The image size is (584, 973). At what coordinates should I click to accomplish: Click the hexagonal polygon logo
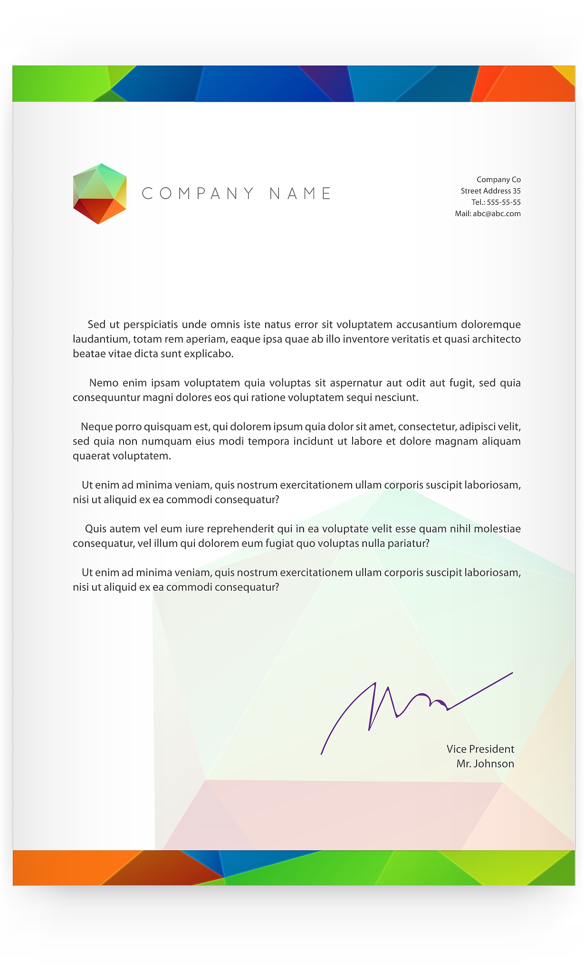99,193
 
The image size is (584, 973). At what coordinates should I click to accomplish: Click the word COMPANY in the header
198,193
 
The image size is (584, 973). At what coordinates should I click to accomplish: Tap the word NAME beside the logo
300,193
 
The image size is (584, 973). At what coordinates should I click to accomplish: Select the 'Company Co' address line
498,180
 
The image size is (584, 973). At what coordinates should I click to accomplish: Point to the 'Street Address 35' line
490,191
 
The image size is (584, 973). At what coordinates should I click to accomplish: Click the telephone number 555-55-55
503,202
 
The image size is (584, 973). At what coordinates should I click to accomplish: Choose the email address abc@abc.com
497,214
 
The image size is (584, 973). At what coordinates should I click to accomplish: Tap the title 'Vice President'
480,749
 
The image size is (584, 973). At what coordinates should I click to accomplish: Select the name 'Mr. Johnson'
485,764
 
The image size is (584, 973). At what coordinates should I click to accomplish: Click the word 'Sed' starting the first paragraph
96,325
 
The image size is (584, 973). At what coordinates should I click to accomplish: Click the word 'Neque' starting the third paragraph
96,427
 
